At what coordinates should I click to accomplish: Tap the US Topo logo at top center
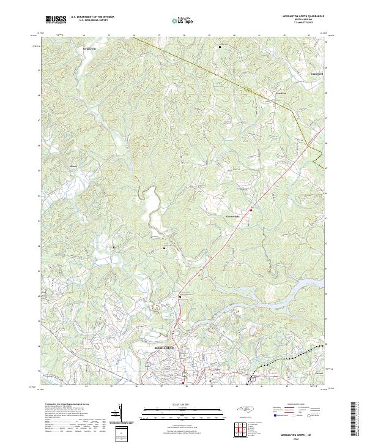coord(184,20)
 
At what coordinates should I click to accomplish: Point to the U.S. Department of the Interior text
coord(92,17)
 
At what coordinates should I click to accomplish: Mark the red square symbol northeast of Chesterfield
coord(251,209)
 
